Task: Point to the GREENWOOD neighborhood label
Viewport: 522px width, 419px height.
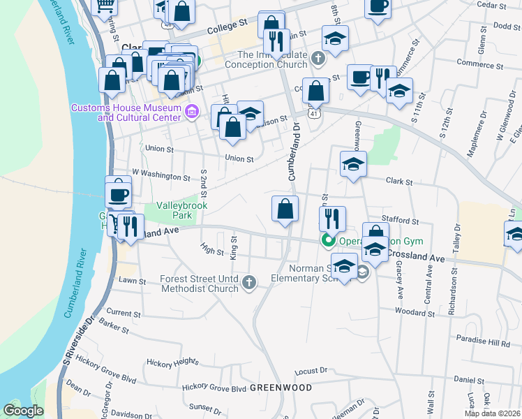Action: pos(279,387)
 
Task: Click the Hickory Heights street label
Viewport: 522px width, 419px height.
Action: pos(172,362)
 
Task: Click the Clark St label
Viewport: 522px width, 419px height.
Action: pos(399,182)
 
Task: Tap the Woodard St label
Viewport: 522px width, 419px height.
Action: pos(415,313)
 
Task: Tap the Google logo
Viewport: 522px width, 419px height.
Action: pos(23,411)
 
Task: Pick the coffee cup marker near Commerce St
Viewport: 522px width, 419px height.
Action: pos(360,77)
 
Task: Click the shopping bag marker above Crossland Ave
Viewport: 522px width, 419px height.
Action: pos(285,209)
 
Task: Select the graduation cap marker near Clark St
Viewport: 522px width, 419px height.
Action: pos(353,165)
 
